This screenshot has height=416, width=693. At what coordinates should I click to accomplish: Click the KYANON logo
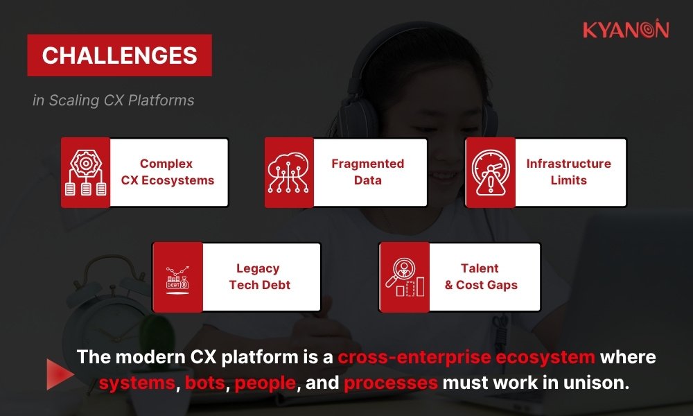pos(625,30)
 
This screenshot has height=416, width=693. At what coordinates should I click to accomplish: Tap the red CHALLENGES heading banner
pos(119,55)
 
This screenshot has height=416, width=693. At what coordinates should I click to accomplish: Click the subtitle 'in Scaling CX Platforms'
pos(113,101)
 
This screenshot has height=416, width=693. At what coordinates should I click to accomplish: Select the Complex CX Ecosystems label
pos(168,172)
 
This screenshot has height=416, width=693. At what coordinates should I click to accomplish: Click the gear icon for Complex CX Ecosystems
pos(85,172)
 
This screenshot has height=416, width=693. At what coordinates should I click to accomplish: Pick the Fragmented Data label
pos(367,172)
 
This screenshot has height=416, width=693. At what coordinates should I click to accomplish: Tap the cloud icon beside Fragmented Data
pos(289,172)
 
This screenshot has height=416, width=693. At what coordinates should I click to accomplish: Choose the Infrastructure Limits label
pos(568,172)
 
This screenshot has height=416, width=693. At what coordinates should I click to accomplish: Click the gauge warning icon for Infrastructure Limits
pos(490,172)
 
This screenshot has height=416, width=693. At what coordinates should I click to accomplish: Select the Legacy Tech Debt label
pos(258,277)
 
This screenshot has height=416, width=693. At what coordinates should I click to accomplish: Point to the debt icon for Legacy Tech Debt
pos(177,277)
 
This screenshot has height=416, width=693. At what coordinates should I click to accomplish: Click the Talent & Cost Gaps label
pos(481,277)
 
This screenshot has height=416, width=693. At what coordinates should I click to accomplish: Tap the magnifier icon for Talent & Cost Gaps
pos(404,277)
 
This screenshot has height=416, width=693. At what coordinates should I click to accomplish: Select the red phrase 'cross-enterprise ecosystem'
pos(466,358)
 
